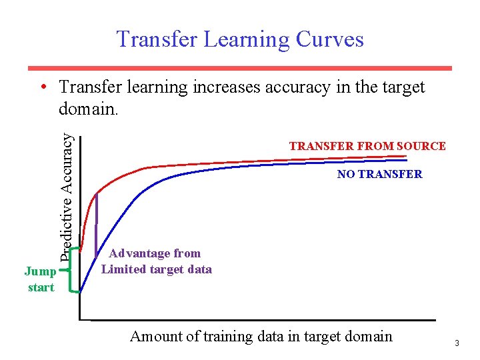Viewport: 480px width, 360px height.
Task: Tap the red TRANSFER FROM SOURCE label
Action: click(x=367, y=146)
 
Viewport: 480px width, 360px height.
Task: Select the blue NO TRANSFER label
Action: click(x=379, y=174)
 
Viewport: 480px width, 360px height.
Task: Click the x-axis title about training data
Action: click(x=261, y=336)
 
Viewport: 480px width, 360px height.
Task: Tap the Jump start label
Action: click(x=40, y=279)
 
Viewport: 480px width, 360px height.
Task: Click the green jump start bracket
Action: click(x=71, y=270)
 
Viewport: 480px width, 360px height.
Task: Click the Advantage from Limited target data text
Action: click(x=156, y=261)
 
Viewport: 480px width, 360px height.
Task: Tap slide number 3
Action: click(x=457, y=343)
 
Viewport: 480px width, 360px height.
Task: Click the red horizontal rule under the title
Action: click(x=240, y=68)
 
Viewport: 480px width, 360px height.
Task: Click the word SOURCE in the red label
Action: click(x=420, y=146)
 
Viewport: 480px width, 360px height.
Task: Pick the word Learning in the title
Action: click(x=244, y=39)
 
